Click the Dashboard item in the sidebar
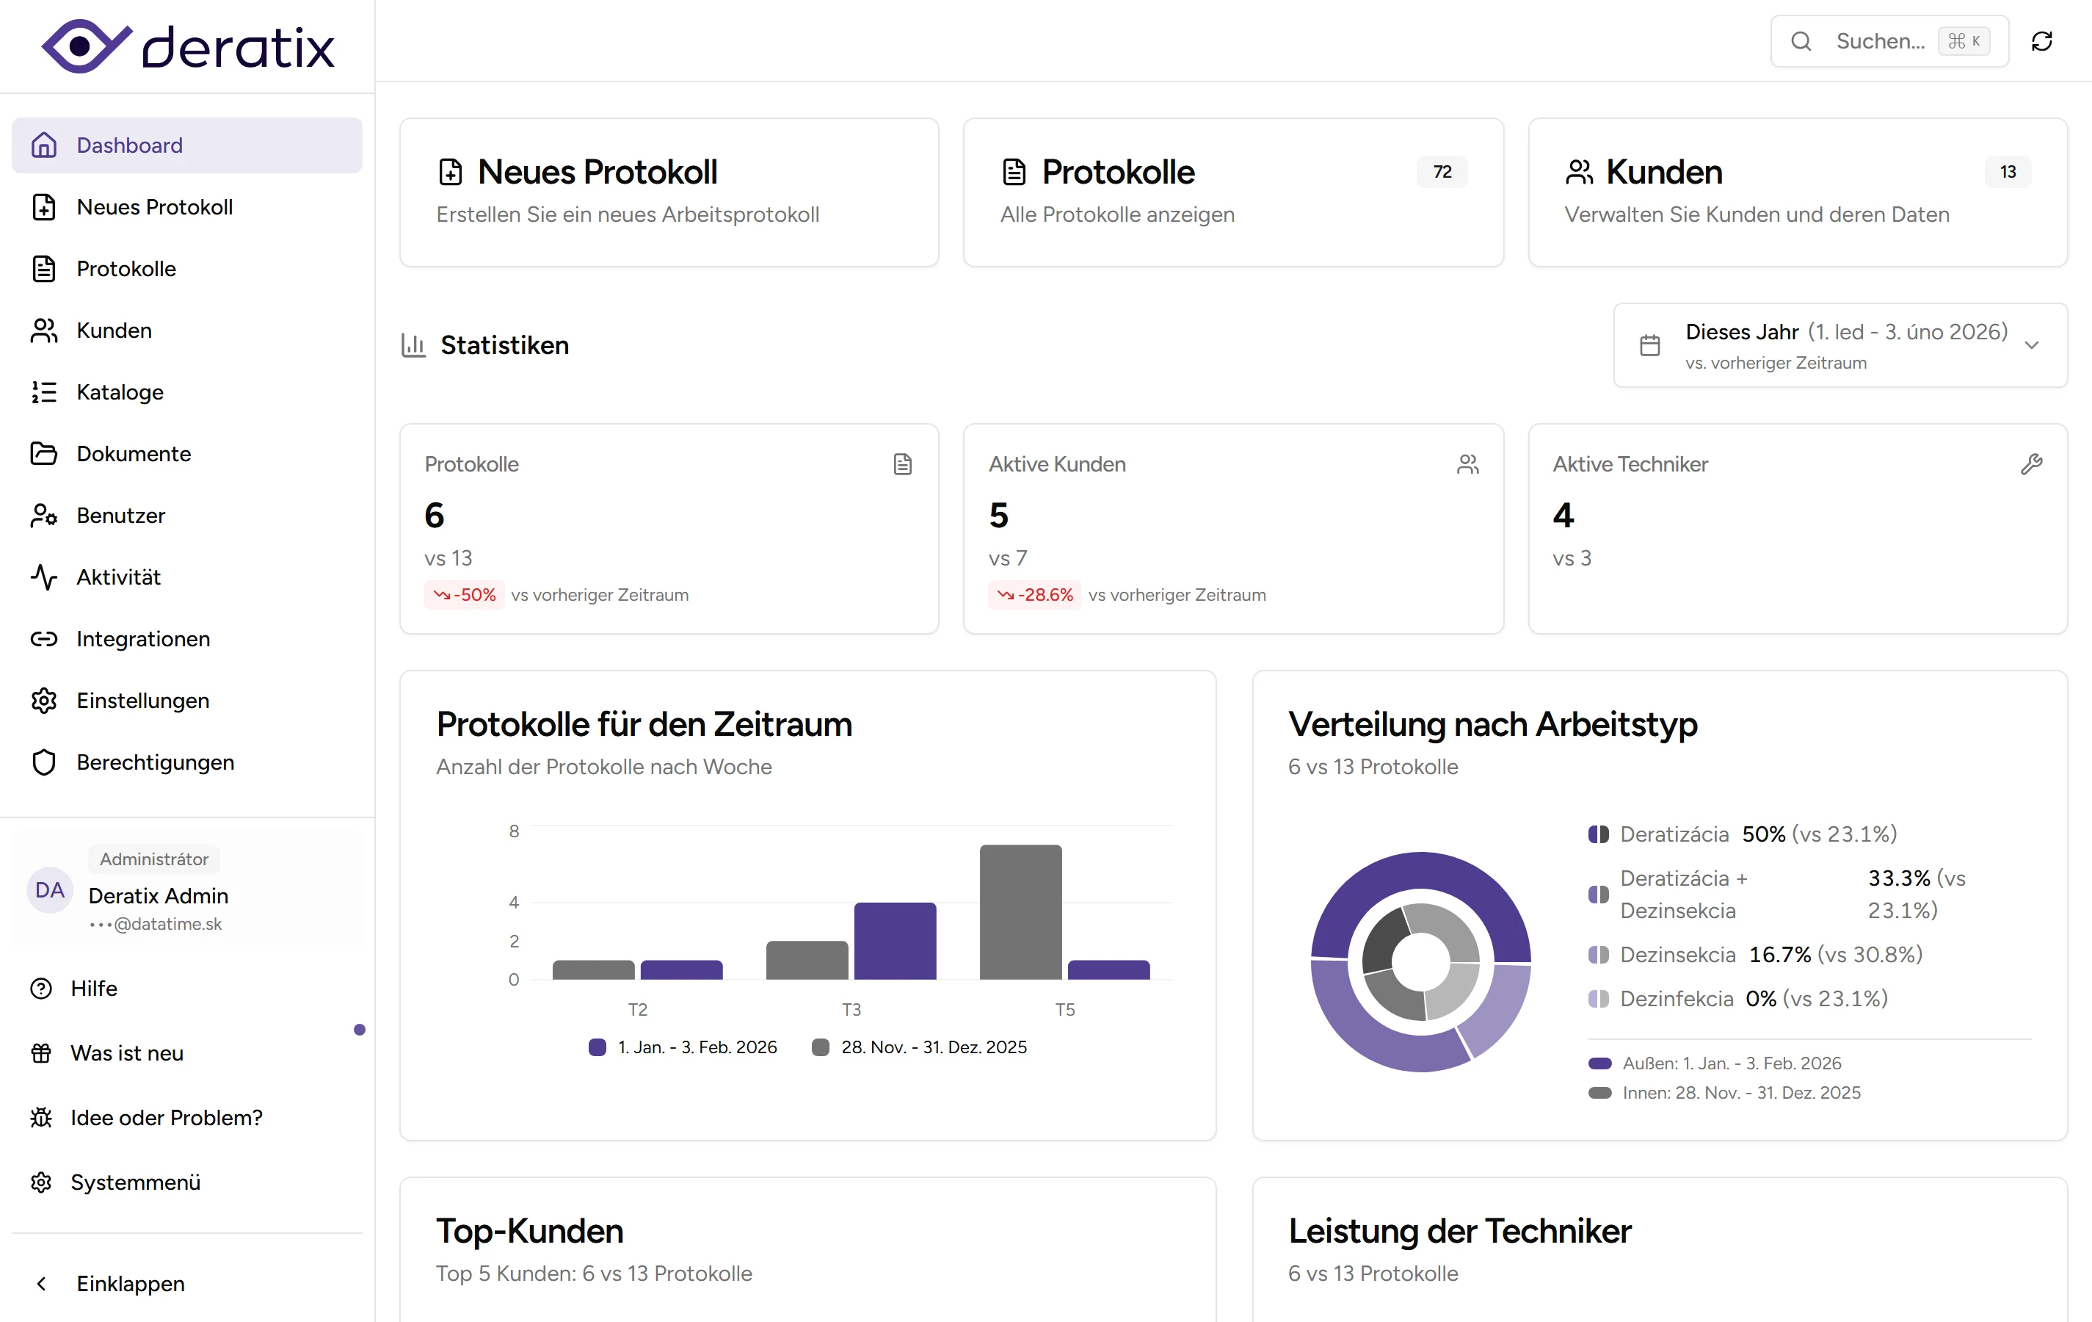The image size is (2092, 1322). click(128, 145)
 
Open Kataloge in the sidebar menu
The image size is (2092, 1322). click(120, 392)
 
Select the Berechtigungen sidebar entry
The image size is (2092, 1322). click(155, 762)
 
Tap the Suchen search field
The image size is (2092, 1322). click(1878, 41)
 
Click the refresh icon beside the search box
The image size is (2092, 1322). click(2041, 41)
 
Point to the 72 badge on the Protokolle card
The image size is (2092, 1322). click(1442, 172)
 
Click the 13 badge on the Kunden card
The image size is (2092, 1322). click(2008, 172)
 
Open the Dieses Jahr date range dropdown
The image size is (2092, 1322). click(1840, 345)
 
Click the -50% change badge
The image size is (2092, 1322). click(465, 594)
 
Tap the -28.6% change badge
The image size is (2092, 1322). click(1035, 594)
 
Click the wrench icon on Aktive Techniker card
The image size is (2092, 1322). click(2031, 464)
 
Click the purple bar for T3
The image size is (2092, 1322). click(895, 942)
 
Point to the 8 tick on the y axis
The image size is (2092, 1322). click(515, 831)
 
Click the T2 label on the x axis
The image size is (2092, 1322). click(638, 1009)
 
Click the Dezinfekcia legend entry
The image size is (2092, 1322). click(1677, 999)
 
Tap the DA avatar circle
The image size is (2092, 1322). click(49, 890)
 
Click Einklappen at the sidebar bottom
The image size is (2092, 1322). click(131, 1284)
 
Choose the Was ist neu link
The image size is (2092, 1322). click(127, 1053)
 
